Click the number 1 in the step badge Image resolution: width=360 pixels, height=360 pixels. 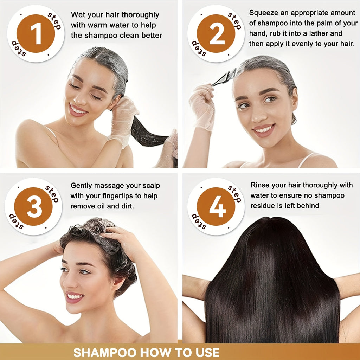tap(36, 33)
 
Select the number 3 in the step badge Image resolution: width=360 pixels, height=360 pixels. tap(34, 207)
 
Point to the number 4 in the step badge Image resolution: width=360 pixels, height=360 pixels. tap(217, 206)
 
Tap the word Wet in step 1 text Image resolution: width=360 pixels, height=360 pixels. tap(77, 15)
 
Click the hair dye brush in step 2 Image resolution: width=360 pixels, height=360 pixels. tap(224, 77)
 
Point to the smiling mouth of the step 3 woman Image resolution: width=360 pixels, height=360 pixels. tap(75, 297)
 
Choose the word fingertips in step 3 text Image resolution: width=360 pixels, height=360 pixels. tap(117, 196)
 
